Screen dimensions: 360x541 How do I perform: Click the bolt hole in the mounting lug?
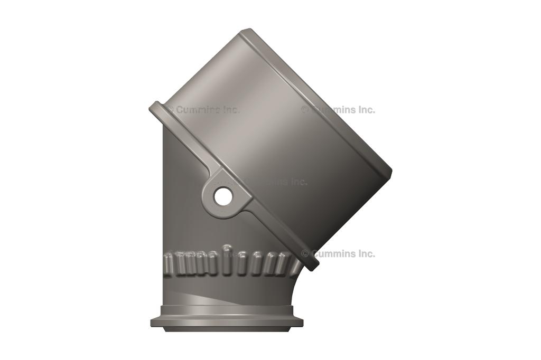point(223,197)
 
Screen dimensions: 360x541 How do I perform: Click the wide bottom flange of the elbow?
point(227,321)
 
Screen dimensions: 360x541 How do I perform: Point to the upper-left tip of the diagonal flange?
point(154,107)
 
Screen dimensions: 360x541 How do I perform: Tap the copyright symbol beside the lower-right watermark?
point(305,253)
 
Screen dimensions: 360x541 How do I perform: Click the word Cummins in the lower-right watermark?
point(331,253)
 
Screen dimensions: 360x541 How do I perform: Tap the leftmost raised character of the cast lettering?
point(168,262)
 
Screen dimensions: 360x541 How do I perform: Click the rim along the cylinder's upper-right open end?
point(317,100)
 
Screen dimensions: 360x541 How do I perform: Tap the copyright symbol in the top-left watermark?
point(170,110)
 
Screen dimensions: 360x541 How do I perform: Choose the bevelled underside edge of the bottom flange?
point(227,329)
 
